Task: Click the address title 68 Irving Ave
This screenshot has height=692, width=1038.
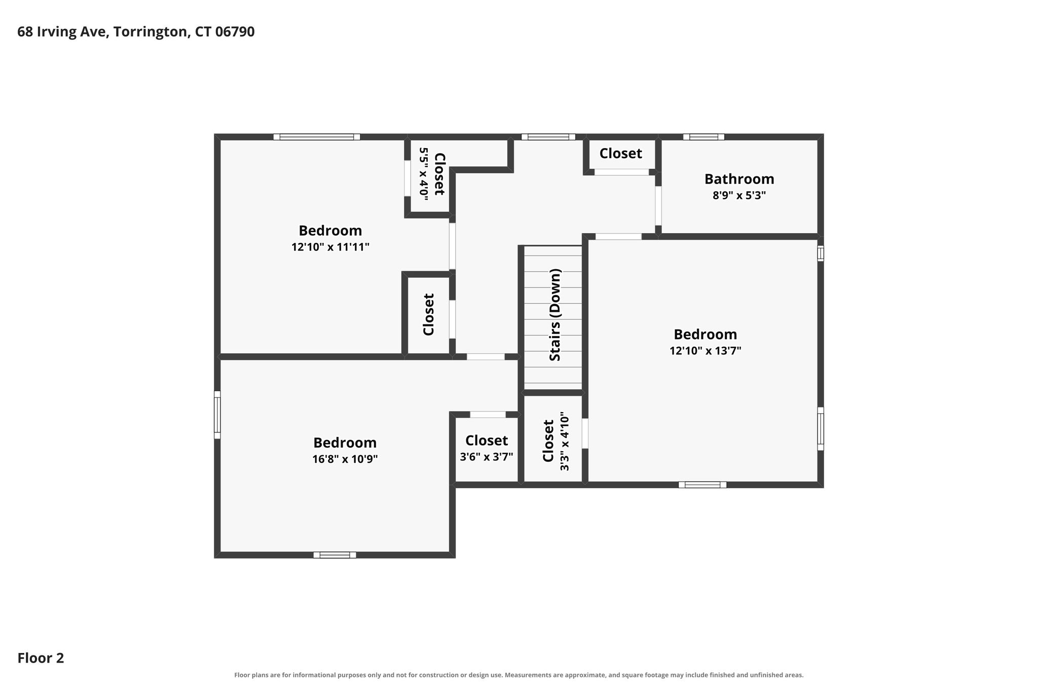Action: pyautogui.click(x=62, y=32)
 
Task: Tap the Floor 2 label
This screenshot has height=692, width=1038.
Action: pyautogui.click(x=41, y=658)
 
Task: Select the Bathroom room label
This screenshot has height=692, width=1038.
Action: pyautogui.click(x=739, y=179)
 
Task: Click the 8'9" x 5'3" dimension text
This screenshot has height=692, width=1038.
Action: pyautogui.click(x=739, y=195)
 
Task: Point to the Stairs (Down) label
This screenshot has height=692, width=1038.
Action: pyautogui.click(x=555, y=315)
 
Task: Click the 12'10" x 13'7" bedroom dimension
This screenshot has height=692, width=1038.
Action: pyautogui.click(x=705, y=351)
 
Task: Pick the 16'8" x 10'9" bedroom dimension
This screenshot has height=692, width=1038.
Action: pyautogui.click(x=345, y=459)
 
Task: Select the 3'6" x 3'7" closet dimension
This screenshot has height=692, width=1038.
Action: pyautogui.click(x=487, y=457)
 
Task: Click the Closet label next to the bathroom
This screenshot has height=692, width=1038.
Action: pyautogui.click(x=621, y=153)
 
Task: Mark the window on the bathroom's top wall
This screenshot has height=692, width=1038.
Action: pyautogui.click(x=703, y=137)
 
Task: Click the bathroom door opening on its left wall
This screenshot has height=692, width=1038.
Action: pyautogui.click(x=658, y=206)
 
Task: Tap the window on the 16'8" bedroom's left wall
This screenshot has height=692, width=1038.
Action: pyautogui.click(x=217, y=415)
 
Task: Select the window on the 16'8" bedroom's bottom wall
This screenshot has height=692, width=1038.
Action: pyautogui.click(x=335, y=555)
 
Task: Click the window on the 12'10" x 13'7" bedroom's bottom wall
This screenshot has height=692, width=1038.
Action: pyautogui.click(x=702, y=485)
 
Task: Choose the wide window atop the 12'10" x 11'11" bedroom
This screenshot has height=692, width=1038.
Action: pyautogui.click(x=317, y=137)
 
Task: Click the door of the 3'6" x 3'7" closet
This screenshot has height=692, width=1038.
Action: pyautogui.click(x=488, y=415)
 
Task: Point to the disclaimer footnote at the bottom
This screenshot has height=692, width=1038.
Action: pyautogui.click(x=519, y=675)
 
